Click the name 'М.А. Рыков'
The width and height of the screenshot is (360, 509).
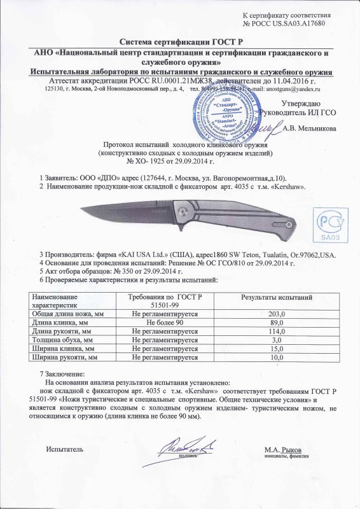click(283, 449)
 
